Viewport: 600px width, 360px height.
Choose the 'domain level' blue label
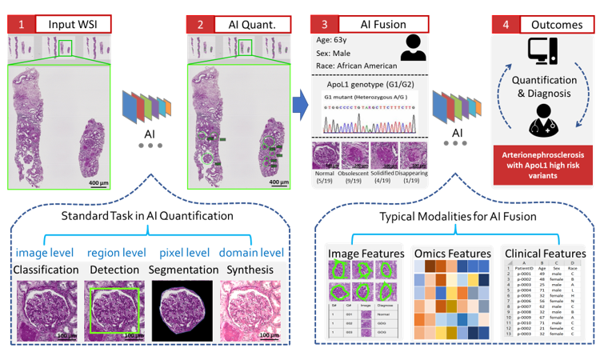[x=254, y=254]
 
